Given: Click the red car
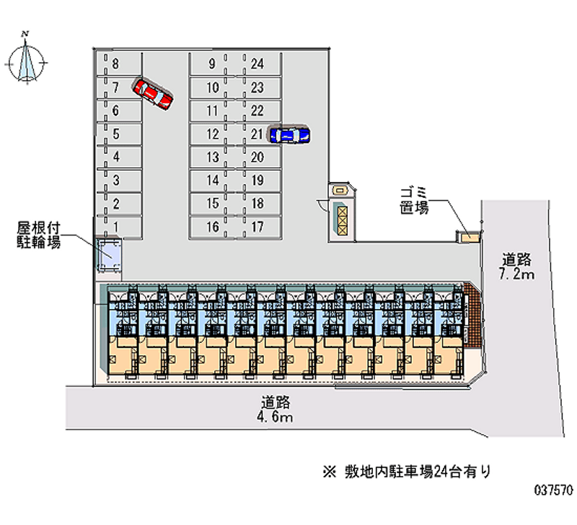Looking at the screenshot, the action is pos(153,94).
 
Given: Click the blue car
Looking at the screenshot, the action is pos(290,135).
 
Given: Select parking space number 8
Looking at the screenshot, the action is pos(119,64).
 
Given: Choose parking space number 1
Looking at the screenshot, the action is pos(119,227).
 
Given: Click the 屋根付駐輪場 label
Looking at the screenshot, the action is pos(39,235).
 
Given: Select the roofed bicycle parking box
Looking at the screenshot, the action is pos(109,255).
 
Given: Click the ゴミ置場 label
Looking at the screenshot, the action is pos(414,201).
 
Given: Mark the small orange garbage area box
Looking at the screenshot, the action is pos(469,237).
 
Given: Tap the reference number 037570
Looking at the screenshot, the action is pos(553,490).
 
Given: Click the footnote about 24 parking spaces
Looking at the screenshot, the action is pos(407,472).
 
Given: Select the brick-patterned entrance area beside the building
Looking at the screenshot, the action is pos(472,316).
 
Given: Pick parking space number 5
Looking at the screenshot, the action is pos(119,134).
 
